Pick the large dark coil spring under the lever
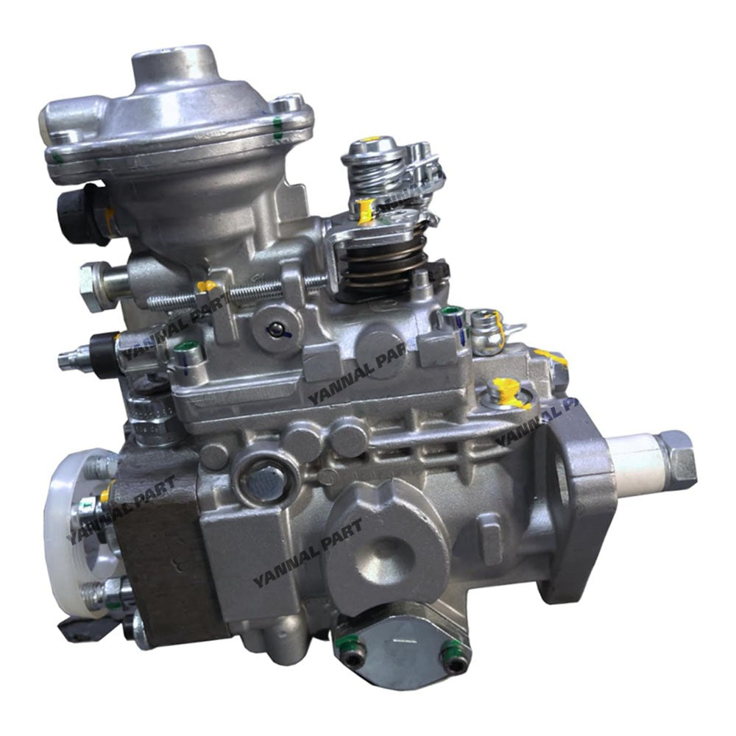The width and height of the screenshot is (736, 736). click(381, 266)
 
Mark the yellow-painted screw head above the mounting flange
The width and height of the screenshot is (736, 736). click(505, 388)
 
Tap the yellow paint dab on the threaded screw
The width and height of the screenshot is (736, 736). click(207, 286)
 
